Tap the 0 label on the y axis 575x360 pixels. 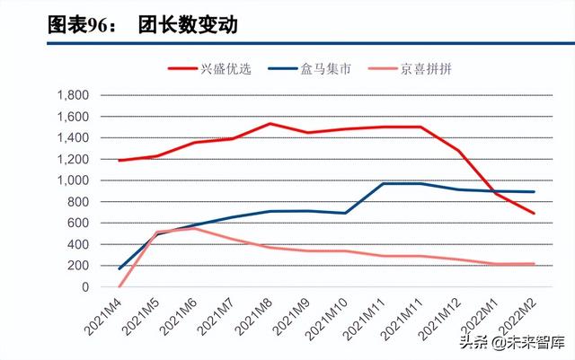click(x=84, y=287)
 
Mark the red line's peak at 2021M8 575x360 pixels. click(x=270, y=124)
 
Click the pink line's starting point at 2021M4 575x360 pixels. click(x=119, y=286)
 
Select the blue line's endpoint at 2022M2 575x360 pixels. click(x=535, y=192)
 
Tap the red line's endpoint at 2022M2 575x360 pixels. click(x=535, y=214)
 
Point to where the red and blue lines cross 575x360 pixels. click(x=496, y=191)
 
